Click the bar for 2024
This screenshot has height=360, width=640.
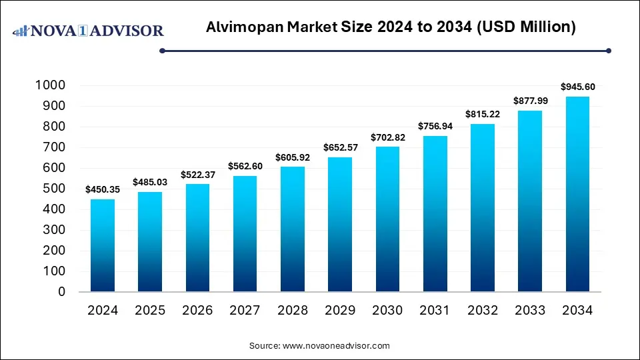coord(103,245)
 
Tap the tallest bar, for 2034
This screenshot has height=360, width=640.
coord(577,194)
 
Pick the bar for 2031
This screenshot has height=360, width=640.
coord(435,213)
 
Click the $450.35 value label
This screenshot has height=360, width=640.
coord(103,189)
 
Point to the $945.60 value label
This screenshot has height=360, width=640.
coord(577,87)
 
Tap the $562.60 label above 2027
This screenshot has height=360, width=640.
coord(245,166)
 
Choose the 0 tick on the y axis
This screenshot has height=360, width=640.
coord(61,292)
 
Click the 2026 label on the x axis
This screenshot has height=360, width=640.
coord(197,310)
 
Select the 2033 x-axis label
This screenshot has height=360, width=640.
coord(530,310)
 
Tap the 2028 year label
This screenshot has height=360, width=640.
coord(293,310)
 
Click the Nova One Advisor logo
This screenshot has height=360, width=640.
coord(89,31)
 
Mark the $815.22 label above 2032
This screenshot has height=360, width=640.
coord(482,114)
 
